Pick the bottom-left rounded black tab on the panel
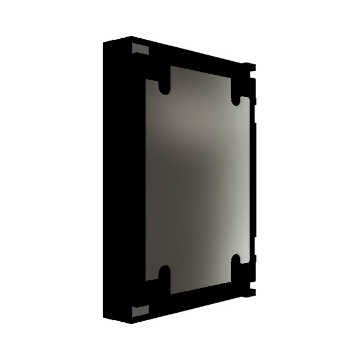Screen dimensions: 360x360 [164, 279]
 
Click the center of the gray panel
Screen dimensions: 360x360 [197, 180]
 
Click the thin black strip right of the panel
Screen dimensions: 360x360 [253, 180]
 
